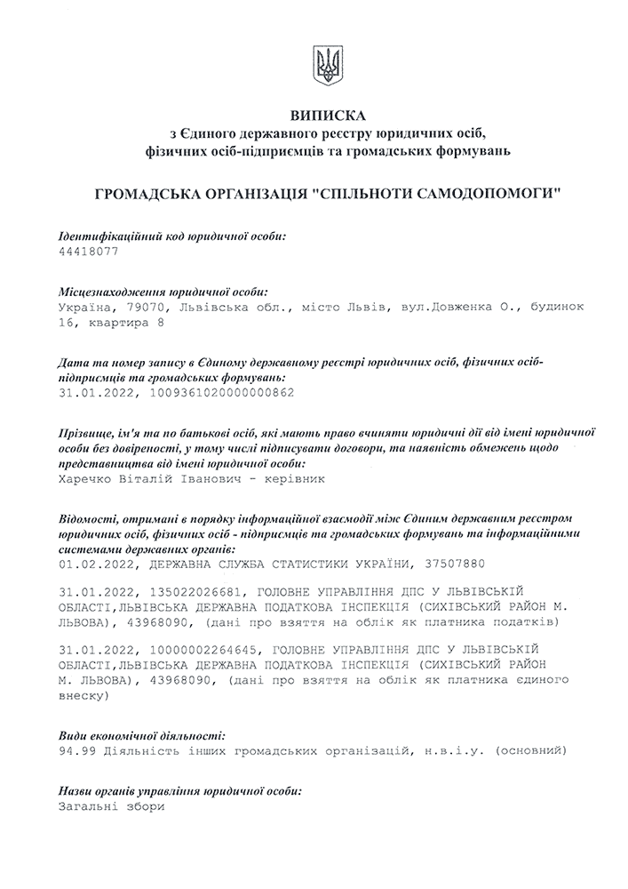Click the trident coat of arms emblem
(327, 65)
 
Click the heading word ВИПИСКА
(327, 116)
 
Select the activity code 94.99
(75, 752)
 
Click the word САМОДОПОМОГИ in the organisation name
(493, 193)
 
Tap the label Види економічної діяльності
(141, 735)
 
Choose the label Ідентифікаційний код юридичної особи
(172, 236)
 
